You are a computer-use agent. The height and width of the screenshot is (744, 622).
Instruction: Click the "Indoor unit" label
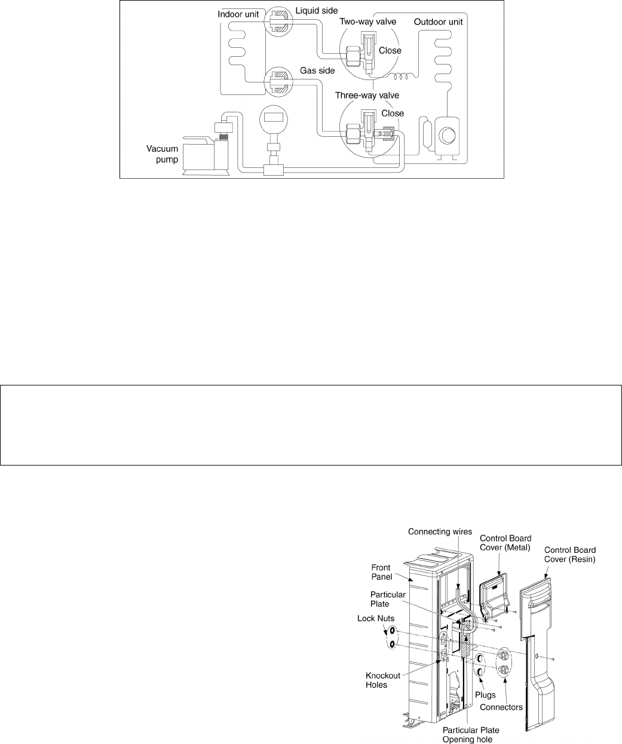(238, 14)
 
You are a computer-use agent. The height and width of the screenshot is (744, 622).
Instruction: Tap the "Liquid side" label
(317, 11)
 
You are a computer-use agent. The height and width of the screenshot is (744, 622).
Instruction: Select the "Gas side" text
(317, 71)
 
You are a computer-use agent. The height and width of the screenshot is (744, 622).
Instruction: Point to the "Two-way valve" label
(367, 22)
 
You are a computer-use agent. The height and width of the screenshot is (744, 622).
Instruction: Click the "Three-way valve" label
(367, 96)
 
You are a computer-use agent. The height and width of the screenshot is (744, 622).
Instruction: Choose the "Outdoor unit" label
(438, 22)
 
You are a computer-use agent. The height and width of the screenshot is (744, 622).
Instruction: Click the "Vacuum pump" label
(163, 154)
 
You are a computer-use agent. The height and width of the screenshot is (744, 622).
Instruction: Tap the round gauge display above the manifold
(274, 119)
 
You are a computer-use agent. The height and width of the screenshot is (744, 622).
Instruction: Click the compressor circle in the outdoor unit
(447, 135)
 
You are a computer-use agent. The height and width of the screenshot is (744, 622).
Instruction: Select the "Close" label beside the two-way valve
(390, 51)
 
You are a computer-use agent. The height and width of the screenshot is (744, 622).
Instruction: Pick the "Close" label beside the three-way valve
(393, 114)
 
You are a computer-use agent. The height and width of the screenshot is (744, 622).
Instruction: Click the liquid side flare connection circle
(278, 22)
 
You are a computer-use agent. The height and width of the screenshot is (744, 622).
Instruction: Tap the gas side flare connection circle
(278, 82)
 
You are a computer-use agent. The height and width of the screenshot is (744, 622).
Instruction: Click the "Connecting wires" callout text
(440, 532)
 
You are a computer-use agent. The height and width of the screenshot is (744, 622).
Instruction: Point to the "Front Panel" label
(382, 572)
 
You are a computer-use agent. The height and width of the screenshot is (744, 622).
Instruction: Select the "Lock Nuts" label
(376, 619)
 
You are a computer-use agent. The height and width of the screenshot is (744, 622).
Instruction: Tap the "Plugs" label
(485, 695)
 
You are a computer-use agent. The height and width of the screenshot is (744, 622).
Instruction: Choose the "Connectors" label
(501, 708)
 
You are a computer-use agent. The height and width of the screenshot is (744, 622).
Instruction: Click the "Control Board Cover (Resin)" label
(570, 555)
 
